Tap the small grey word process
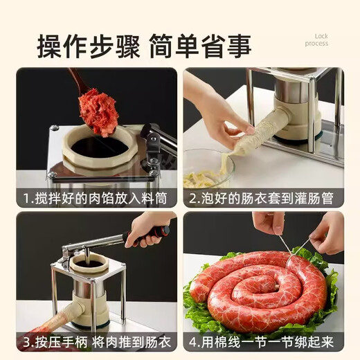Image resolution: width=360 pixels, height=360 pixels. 316,44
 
